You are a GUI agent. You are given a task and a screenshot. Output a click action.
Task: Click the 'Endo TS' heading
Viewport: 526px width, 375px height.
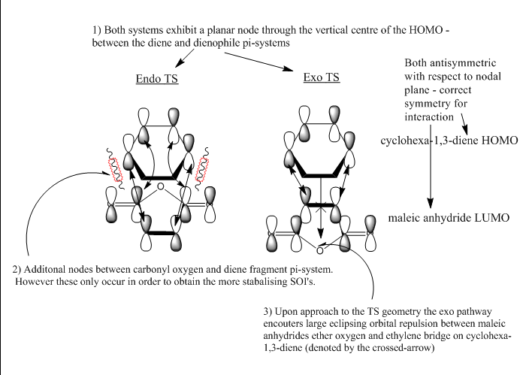click(157, 79)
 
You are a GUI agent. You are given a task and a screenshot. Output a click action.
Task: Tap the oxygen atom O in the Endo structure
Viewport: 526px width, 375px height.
click(160, 185)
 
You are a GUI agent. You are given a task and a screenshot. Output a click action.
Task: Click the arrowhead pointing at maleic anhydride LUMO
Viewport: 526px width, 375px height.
click(431, 203)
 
